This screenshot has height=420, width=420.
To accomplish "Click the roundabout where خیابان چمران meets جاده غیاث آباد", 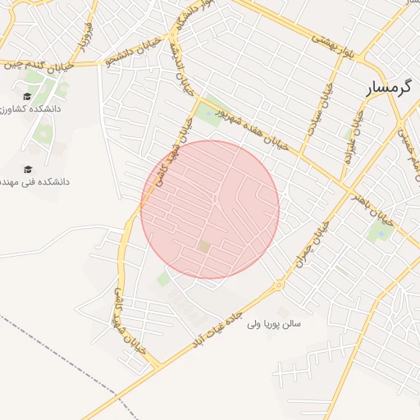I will point(279,285).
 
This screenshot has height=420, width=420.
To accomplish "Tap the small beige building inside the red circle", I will point(203,246).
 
